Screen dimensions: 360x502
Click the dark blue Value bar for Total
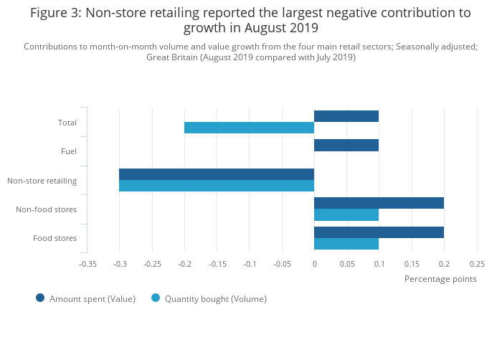(346, 116)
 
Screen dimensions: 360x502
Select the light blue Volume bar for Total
(249, 128)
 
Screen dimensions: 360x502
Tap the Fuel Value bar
(346, 146)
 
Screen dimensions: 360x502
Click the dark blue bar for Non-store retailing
(217, 174)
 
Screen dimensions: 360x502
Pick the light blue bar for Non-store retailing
(217, 186)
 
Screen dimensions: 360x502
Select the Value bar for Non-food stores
(379, 203)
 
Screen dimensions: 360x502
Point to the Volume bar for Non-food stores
(346, 214)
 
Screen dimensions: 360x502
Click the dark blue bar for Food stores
(379, 232)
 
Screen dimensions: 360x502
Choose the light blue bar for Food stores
(346, 244)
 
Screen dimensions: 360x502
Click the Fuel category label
(69, 151)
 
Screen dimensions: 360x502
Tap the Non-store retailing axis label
(42, 181)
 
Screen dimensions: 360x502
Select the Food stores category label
(55, 238)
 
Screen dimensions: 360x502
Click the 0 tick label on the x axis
(314, 264)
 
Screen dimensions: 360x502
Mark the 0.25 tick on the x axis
(477, 264)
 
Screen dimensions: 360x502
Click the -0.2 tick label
(184, 264)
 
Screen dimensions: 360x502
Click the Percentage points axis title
(440, 279)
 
